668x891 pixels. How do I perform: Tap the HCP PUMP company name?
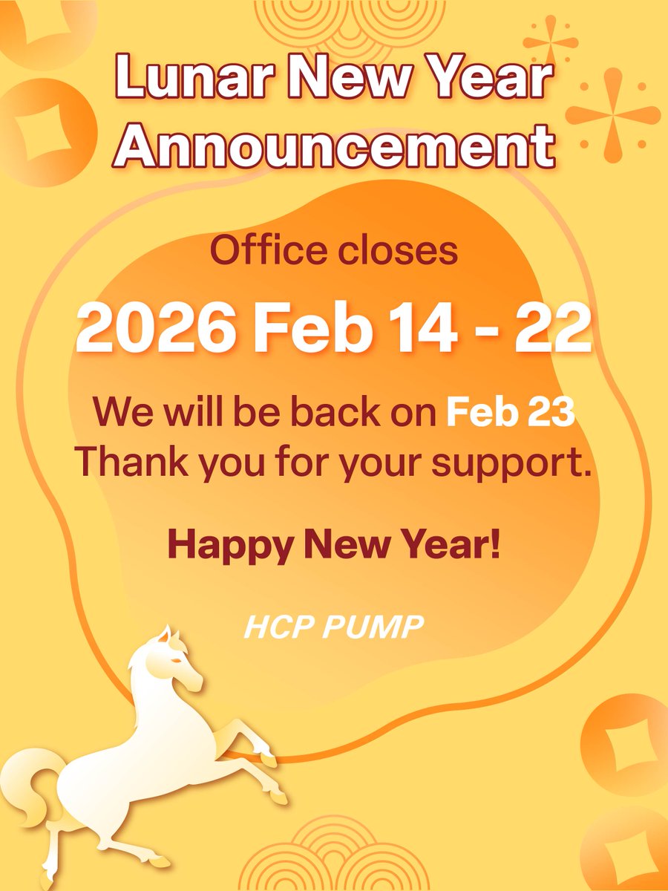coord(333,629)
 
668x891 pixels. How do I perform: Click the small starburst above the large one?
coord(550,43)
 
